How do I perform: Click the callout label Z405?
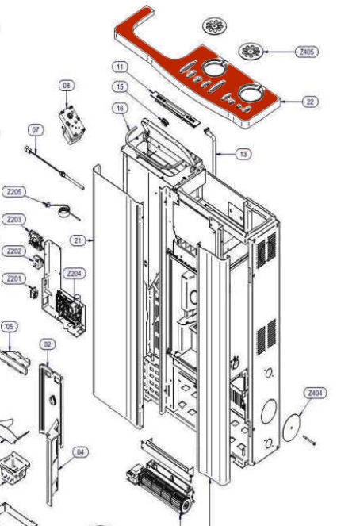[x=307, y=52]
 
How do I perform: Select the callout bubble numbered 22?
[x=310, y=102]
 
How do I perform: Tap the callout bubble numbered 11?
[x=120, y=67]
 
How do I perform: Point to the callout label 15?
[x=120, y=86]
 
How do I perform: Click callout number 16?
[x=120, y=108]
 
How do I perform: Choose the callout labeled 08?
[x=67, y=86]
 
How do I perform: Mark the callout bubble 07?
[x=36, y=130]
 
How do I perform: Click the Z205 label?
[x=14, y=192]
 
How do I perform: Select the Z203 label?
[x=14, y=220]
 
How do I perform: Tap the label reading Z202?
[x=14, y=251]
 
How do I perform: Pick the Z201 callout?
[x=14, y=278]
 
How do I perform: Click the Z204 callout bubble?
[x=74, y=274]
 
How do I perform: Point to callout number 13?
[x=243, y=154]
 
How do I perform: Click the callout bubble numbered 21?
[x=78, y=240]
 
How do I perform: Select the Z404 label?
[x=315, y=393]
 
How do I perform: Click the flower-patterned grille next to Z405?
[x=251, y=51]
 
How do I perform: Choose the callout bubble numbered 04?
[x=80, y=452]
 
